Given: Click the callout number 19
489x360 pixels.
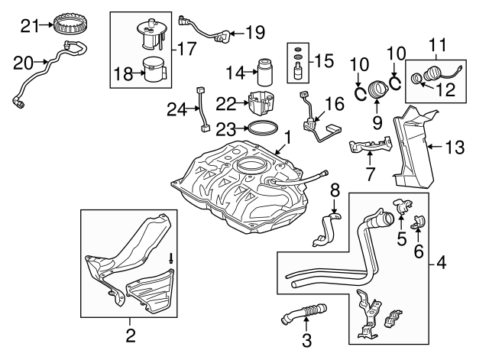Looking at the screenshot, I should [254, 32].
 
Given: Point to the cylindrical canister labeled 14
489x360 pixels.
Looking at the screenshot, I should [267, 72].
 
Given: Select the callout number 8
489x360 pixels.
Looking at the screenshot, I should [334, 190].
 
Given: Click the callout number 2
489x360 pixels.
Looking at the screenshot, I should [130, 334].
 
